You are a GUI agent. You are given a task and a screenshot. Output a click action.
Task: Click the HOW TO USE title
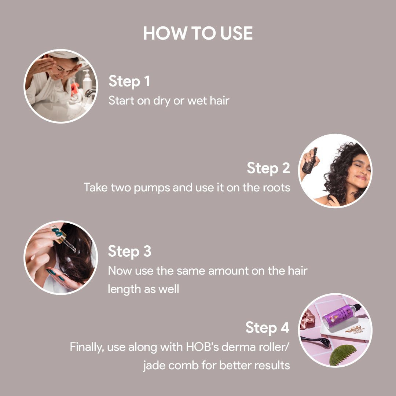coord(198,33)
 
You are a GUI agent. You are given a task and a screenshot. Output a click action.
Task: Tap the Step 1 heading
coord(129,81)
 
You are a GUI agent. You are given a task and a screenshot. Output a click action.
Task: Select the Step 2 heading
coord(268,168)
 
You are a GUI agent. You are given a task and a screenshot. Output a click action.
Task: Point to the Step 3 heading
coord(129,251)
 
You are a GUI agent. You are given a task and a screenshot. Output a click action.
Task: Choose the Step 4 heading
coord(267,327)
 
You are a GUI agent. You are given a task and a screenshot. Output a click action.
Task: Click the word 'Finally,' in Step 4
coord(87,347)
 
